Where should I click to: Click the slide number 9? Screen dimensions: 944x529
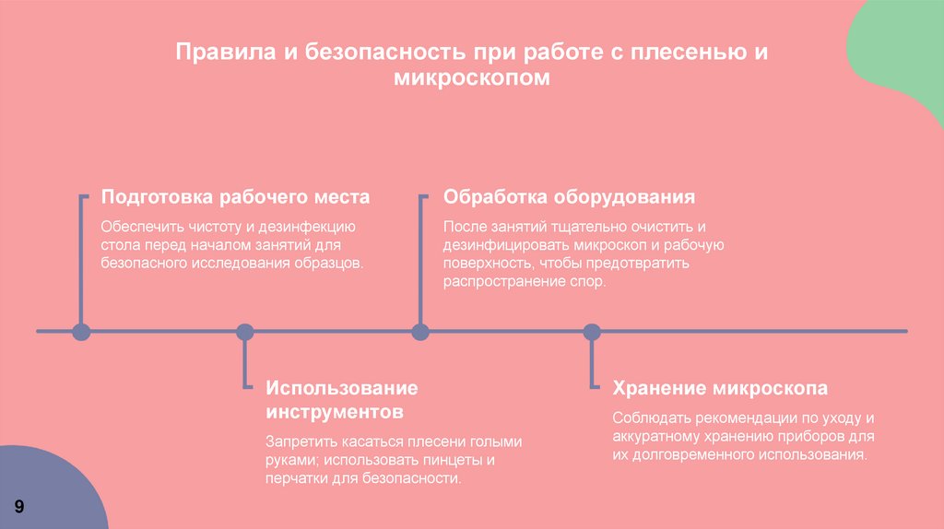[19, 508]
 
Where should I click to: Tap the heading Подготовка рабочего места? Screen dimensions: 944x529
[235, 197]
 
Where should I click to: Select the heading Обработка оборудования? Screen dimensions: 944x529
[569, 197]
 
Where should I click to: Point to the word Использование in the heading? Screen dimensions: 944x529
[341, 387]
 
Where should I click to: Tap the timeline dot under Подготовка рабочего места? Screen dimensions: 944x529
[81, 332]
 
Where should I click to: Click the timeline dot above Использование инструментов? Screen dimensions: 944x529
[244, 332]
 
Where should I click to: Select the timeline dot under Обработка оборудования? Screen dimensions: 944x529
[420, 332]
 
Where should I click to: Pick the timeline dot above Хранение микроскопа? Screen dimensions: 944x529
[592, 332]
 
